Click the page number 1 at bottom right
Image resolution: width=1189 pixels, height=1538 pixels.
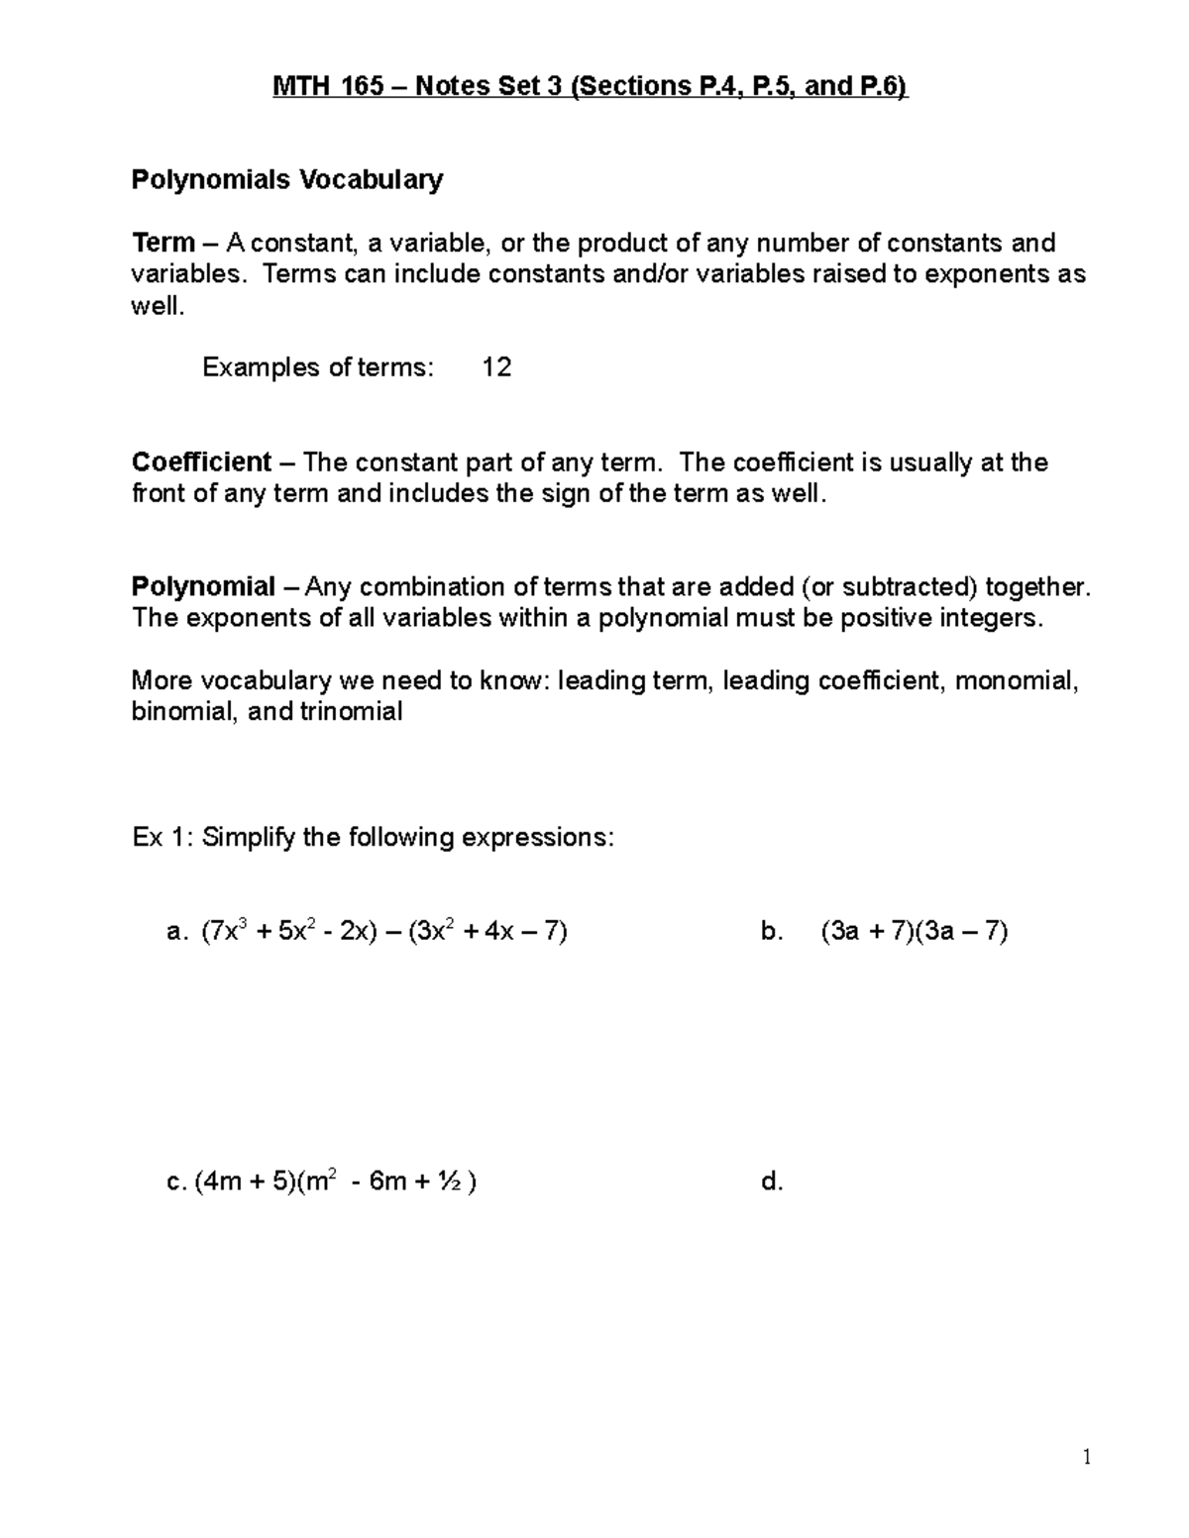(1087, 1456)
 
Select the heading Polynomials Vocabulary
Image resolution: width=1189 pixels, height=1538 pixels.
(287, 179)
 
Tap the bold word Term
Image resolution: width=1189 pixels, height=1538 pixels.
(163, 243)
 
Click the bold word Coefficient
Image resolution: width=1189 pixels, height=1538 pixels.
(201, 462)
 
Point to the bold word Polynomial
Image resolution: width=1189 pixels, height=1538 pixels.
(203, 587)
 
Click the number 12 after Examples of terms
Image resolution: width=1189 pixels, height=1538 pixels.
(496, 368)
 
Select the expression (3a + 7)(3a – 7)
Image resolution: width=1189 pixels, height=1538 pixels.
(914, 932)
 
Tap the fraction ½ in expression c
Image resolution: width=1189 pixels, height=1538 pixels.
(451, 1181)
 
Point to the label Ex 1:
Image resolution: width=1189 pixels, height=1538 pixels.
(163, 838)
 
